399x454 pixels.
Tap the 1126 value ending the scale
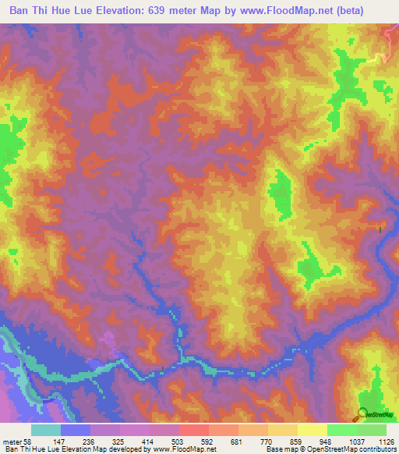[386, 442]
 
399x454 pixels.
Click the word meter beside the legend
[12, 442]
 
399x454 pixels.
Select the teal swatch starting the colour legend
[46, 430]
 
